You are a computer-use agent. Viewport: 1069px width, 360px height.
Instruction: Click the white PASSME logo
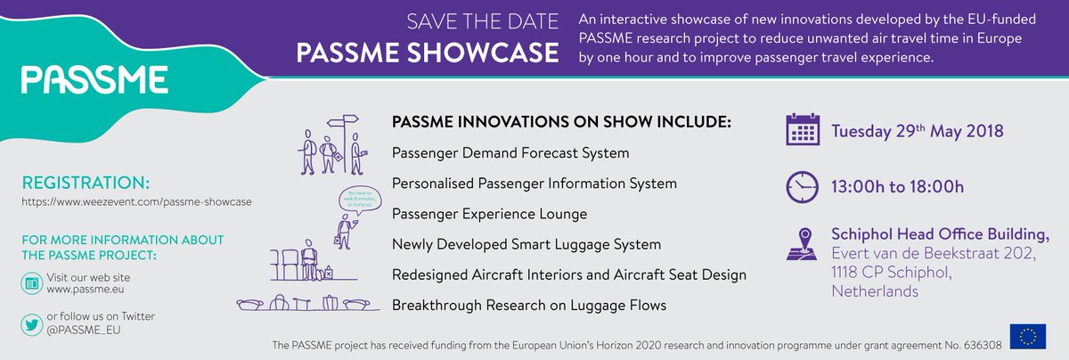pos(94,79)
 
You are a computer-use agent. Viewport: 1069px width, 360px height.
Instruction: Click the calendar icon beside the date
pos(803,130)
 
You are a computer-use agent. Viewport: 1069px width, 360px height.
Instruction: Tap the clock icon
pos(803,186)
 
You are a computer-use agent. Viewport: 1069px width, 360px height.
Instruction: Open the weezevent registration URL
pos(137,202)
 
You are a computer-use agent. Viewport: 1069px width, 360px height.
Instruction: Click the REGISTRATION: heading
pos(86,183)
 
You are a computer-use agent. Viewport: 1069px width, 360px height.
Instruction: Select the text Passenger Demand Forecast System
pos(510,153)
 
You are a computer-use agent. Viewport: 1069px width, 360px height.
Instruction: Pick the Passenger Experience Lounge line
pos(489,214)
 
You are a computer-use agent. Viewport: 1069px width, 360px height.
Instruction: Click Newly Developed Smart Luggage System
pos(526,244)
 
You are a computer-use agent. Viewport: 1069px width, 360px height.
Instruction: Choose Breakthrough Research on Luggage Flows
pos(529,306)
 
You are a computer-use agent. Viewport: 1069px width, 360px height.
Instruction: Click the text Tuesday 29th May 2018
pos(917,131)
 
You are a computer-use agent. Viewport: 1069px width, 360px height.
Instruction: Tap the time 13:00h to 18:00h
pos(897,186)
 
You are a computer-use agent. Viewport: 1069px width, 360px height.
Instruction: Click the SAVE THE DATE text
pos(484,21)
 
